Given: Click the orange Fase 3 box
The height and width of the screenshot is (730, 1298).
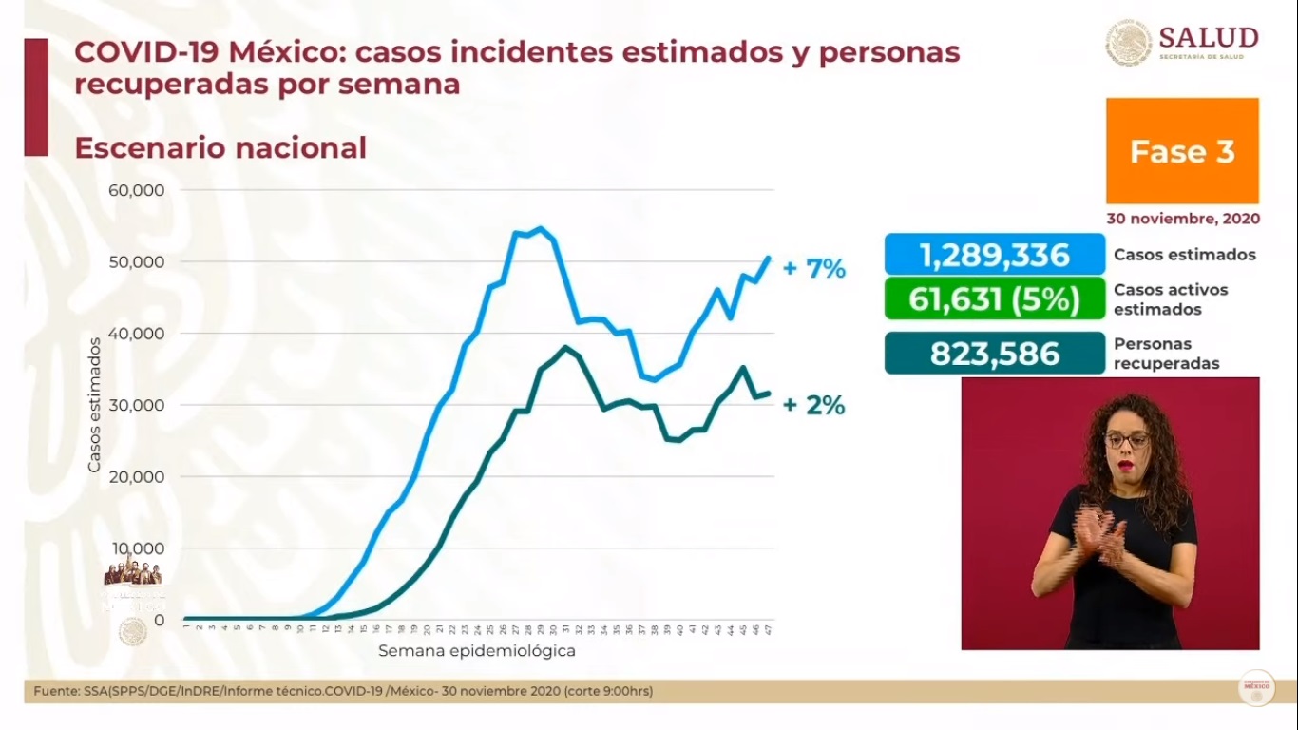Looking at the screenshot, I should point(1182,151).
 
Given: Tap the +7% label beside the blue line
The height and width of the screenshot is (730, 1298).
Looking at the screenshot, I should point(813,269).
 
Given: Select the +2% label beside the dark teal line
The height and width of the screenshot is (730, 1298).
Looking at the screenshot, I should point(813,406).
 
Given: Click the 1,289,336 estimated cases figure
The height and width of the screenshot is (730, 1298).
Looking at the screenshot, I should point(994,255).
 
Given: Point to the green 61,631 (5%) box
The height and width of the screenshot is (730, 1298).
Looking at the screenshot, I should point(994,299).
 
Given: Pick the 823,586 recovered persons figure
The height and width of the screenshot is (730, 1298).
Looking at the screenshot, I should point(994,354).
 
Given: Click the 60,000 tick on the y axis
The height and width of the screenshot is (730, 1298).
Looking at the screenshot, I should point(137,189).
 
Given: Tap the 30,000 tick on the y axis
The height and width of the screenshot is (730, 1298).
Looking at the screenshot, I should point(137,405).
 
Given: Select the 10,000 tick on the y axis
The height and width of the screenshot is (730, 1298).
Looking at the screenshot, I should point(137,548).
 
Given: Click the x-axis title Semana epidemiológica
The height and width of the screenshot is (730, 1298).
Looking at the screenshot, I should point(476,652).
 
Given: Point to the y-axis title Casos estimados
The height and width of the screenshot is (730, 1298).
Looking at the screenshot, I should point(94,403).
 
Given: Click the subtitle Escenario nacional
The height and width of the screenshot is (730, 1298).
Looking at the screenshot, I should point(220,148).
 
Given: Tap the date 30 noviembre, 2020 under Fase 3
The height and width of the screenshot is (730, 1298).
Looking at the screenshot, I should point(1182,219).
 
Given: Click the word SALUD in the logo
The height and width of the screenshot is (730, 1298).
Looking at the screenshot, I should point(1209,38).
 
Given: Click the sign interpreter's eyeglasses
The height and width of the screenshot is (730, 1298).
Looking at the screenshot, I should point(1127,440).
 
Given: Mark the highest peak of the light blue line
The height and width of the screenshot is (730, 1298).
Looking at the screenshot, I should point(540,228).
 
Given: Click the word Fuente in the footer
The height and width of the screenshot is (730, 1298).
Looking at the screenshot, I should point(54,691).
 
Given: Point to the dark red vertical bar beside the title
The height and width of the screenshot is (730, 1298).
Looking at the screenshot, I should point(35,97).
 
